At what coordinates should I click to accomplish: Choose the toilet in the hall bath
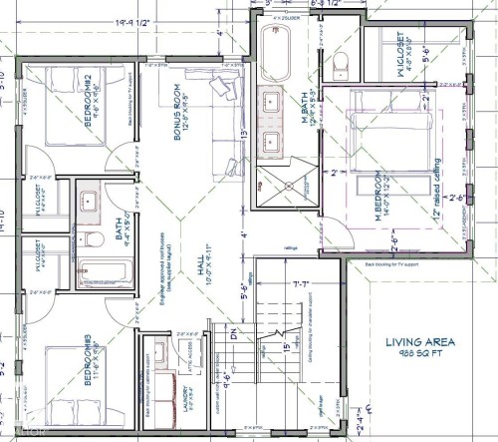pos(88,239)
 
